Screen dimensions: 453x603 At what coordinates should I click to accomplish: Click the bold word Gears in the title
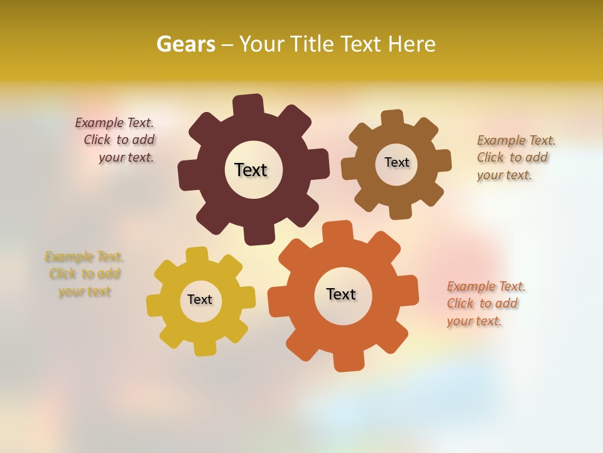[185, 44]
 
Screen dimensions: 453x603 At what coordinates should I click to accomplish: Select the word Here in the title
[412, 44]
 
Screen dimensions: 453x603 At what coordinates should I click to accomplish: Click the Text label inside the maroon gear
[251, 170]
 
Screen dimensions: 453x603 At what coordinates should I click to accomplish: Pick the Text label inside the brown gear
[396, 162]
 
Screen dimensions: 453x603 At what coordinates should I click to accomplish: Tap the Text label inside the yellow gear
[200, 299]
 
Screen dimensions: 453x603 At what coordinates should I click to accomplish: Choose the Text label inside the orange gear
[341, 294]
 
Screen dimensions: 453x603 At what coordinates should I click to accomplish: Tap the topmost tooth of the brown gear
[392, 119]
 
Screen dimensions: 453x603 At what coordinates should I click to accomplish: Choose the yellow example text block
[84, 274]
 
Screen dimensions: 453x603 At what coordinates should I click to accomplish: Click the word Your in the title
[263, 44]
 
